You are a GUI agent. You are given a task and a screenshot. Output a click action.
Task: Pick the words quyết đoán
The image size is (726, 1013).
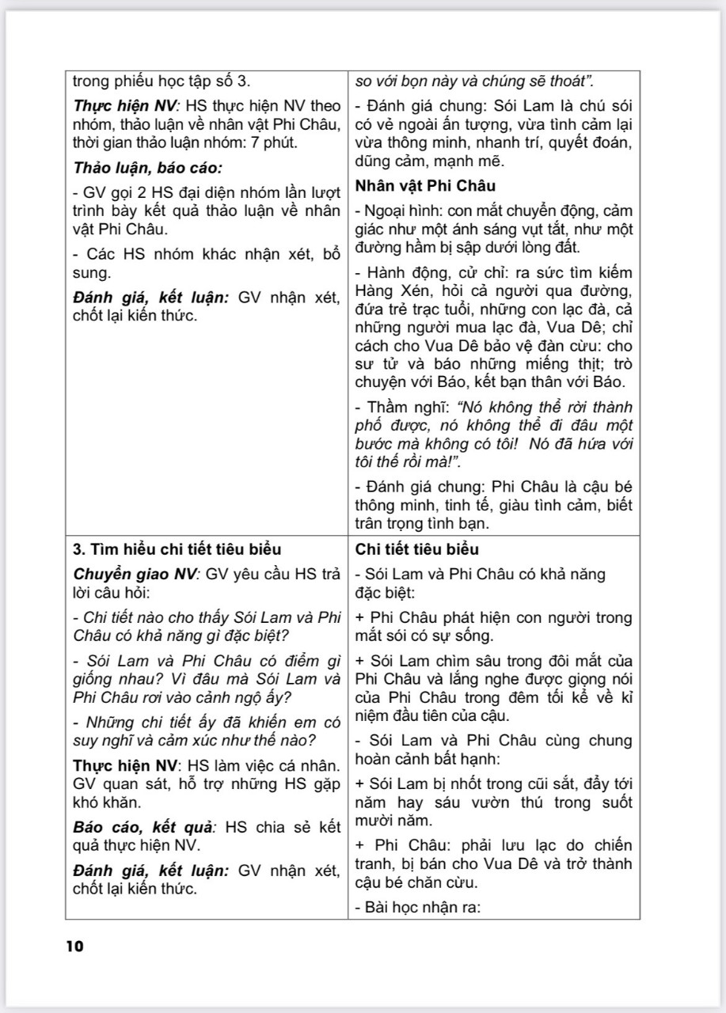pyautogui.click(x=594, y=143)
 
